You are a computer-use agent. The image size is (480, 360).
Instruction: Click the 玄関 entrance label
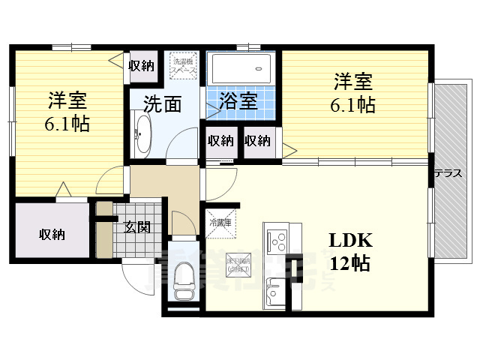point(137,227)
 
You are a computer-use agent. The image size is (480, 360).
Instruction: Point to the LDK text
point(350,240)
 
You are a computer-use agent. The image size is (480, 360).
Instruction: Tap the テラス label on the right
point(448,173)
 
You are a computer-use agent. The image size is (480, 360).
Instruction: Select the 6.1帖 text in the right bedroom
point(352,105)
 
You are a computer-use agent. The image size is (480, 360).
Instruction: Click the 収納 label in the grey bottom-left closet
point(52,234)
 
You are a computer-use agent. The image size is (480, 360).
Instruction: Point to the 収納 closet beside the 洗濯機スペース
point(141,66)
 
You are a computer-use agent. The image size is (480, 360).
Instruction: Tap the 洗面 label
point(162,104)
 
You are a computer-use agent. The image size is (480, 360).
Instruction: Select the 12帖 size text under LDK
point(350,263)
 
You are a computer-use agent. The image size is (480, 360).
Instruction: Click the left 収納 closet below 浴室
point(220,140)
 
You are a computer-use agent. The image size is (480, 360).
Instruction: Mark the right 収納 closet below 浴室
point(256,140)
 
